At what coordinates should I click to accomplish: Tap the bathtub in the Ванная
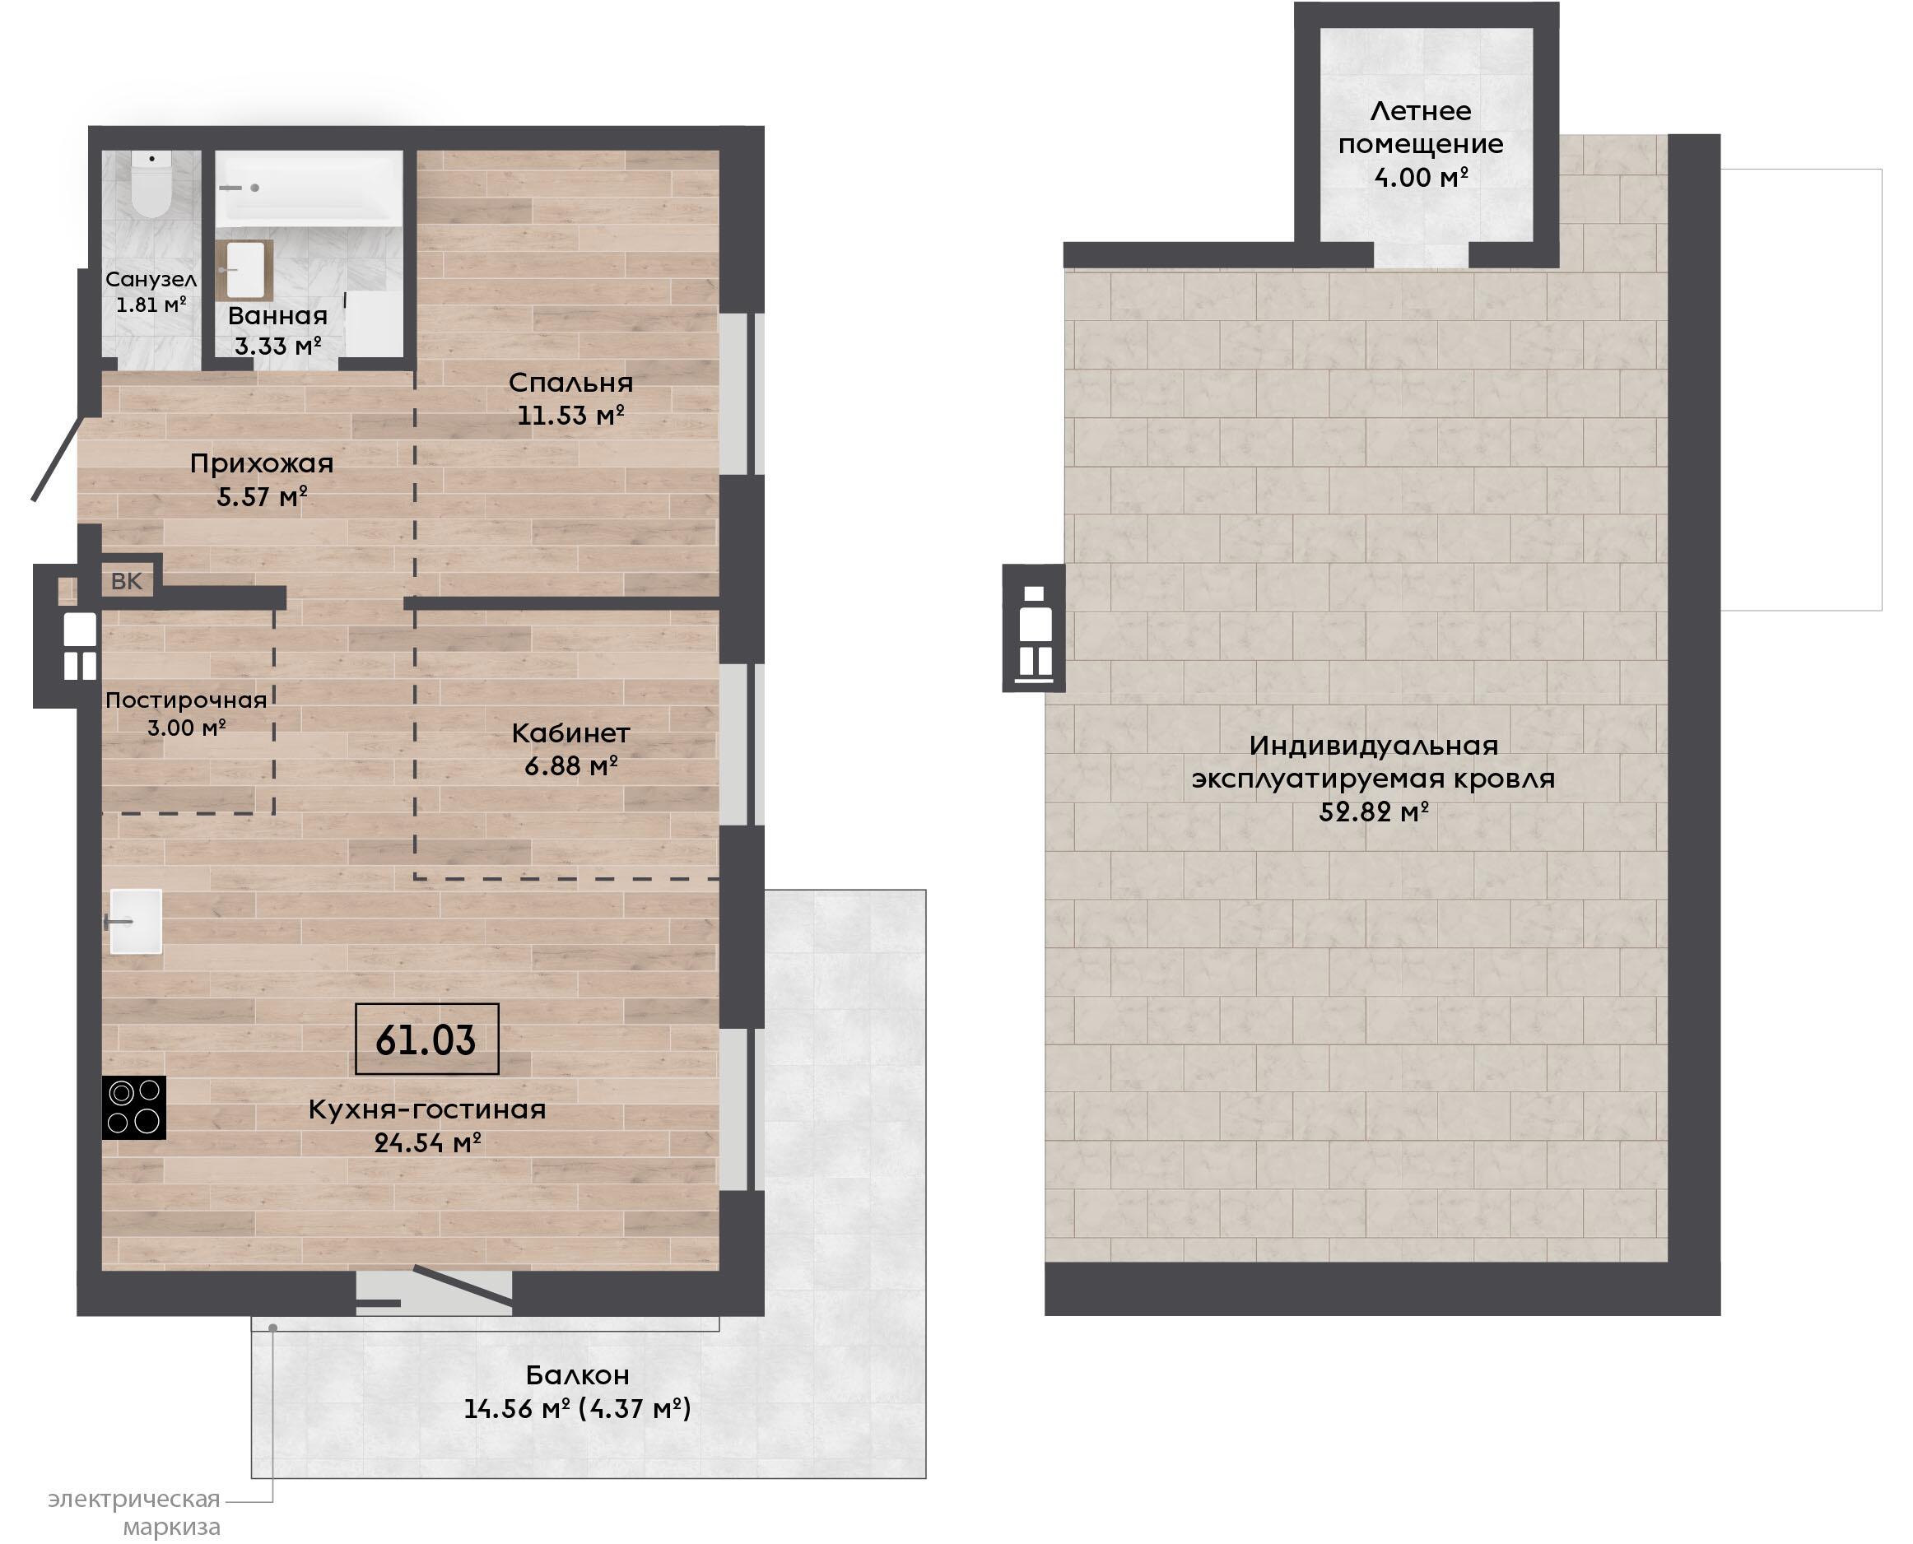309,187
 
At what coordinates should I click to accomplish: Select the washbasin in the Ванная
244,269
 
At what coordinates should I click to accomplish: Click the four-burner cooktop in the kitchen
134,1107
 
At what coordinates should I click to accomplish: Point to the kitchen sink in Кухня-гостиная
135,922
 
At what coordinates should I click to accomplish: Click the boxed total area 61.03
426,1039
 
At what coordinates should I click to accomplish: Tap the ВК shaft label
126,581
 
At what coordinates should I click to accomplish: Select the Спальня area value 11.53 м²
571,416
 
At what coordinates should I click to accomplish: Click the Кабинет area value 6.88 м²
571,765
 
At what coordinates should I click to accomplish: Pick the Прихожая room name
262,463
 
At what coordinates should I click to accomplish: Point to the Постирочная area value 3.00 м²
186,728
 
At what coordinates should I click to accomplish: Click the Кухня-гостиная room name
427,1109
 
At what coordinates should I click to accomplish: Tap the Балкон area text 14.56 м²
517,1409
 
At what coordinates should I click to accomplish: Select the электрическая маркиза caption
133,1514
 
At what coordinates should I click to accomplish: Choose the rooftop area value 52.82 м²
1374,812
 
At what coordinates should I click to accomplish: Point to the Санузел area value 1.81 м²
151,305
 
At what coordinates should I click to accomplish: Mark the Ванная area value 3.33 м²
277,345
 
